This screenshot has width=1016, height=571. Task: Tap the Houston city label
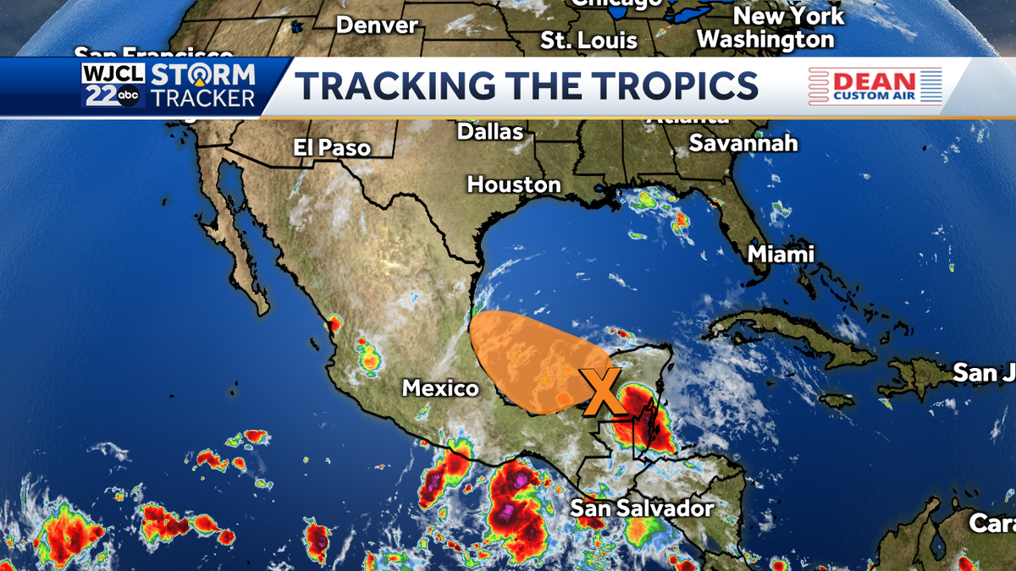click(514, 184)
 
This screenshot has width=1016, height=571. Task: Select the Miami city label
click(780, 254)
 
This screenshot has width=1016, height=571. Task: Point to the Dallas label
click(490, 132)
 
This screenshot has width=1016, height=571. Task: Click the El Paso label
click(332, 147)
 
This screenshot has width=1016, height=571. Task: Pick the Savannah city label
click(743, 143)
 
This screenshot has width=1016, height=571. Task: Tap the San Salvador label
click(642, 508)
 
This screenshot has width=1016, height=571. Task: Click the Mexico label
click(440, 388)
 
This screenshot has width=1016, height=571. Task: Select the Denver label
click(377, 25)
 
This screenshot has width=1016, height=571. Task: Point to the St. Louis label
click(589, 41)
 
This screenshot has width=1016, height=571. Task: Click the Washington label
click(765, 40)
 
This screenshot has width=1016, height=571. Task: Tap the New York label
click(788, 16)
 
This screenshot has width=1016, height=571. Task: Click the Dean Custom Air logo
click(875, 86)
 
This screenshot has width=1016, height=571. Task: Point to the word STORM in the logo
click(202, 74)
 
